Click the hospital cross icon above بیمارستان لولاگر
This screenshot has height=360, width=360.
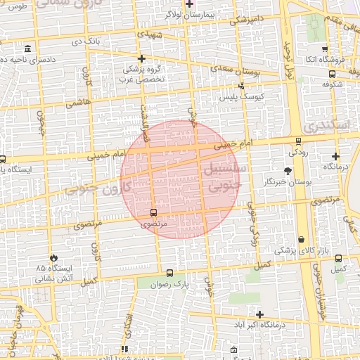click(x=189, y=4)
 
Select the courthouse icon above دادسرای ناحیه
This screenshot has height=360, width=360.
click(x=27, y=49)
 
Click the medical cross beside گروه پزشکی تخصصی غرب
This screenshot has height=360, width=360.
click(x=142, y=59)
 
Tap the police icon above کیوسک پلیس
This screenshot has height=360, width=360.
click(x=243, y=86)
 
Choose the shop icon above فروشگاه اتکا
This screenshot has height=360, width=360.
click(x=324, y=49)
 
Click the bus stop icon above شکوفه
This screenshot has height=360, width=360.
click(x=331, y=72)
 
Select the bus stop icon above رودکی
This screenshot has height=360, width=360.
click(x=298, y=141)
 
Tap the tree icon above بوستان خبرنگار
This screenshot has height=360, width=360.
click(x=288, y=171)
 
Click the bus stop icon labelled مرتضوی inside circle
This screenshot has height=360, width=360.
click(x=154, y=212)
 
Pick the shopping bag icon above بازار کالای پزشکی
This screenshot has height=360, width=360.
click(x=302, y=239)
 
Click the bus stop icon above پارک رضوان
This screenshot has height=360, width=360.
click(x=169, y=273)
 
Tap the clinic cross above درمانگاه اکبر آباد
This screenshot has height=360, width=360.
click(x=260, y=314)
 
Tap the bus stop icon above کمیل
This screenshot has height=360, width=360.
click(x=339, y=258)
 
